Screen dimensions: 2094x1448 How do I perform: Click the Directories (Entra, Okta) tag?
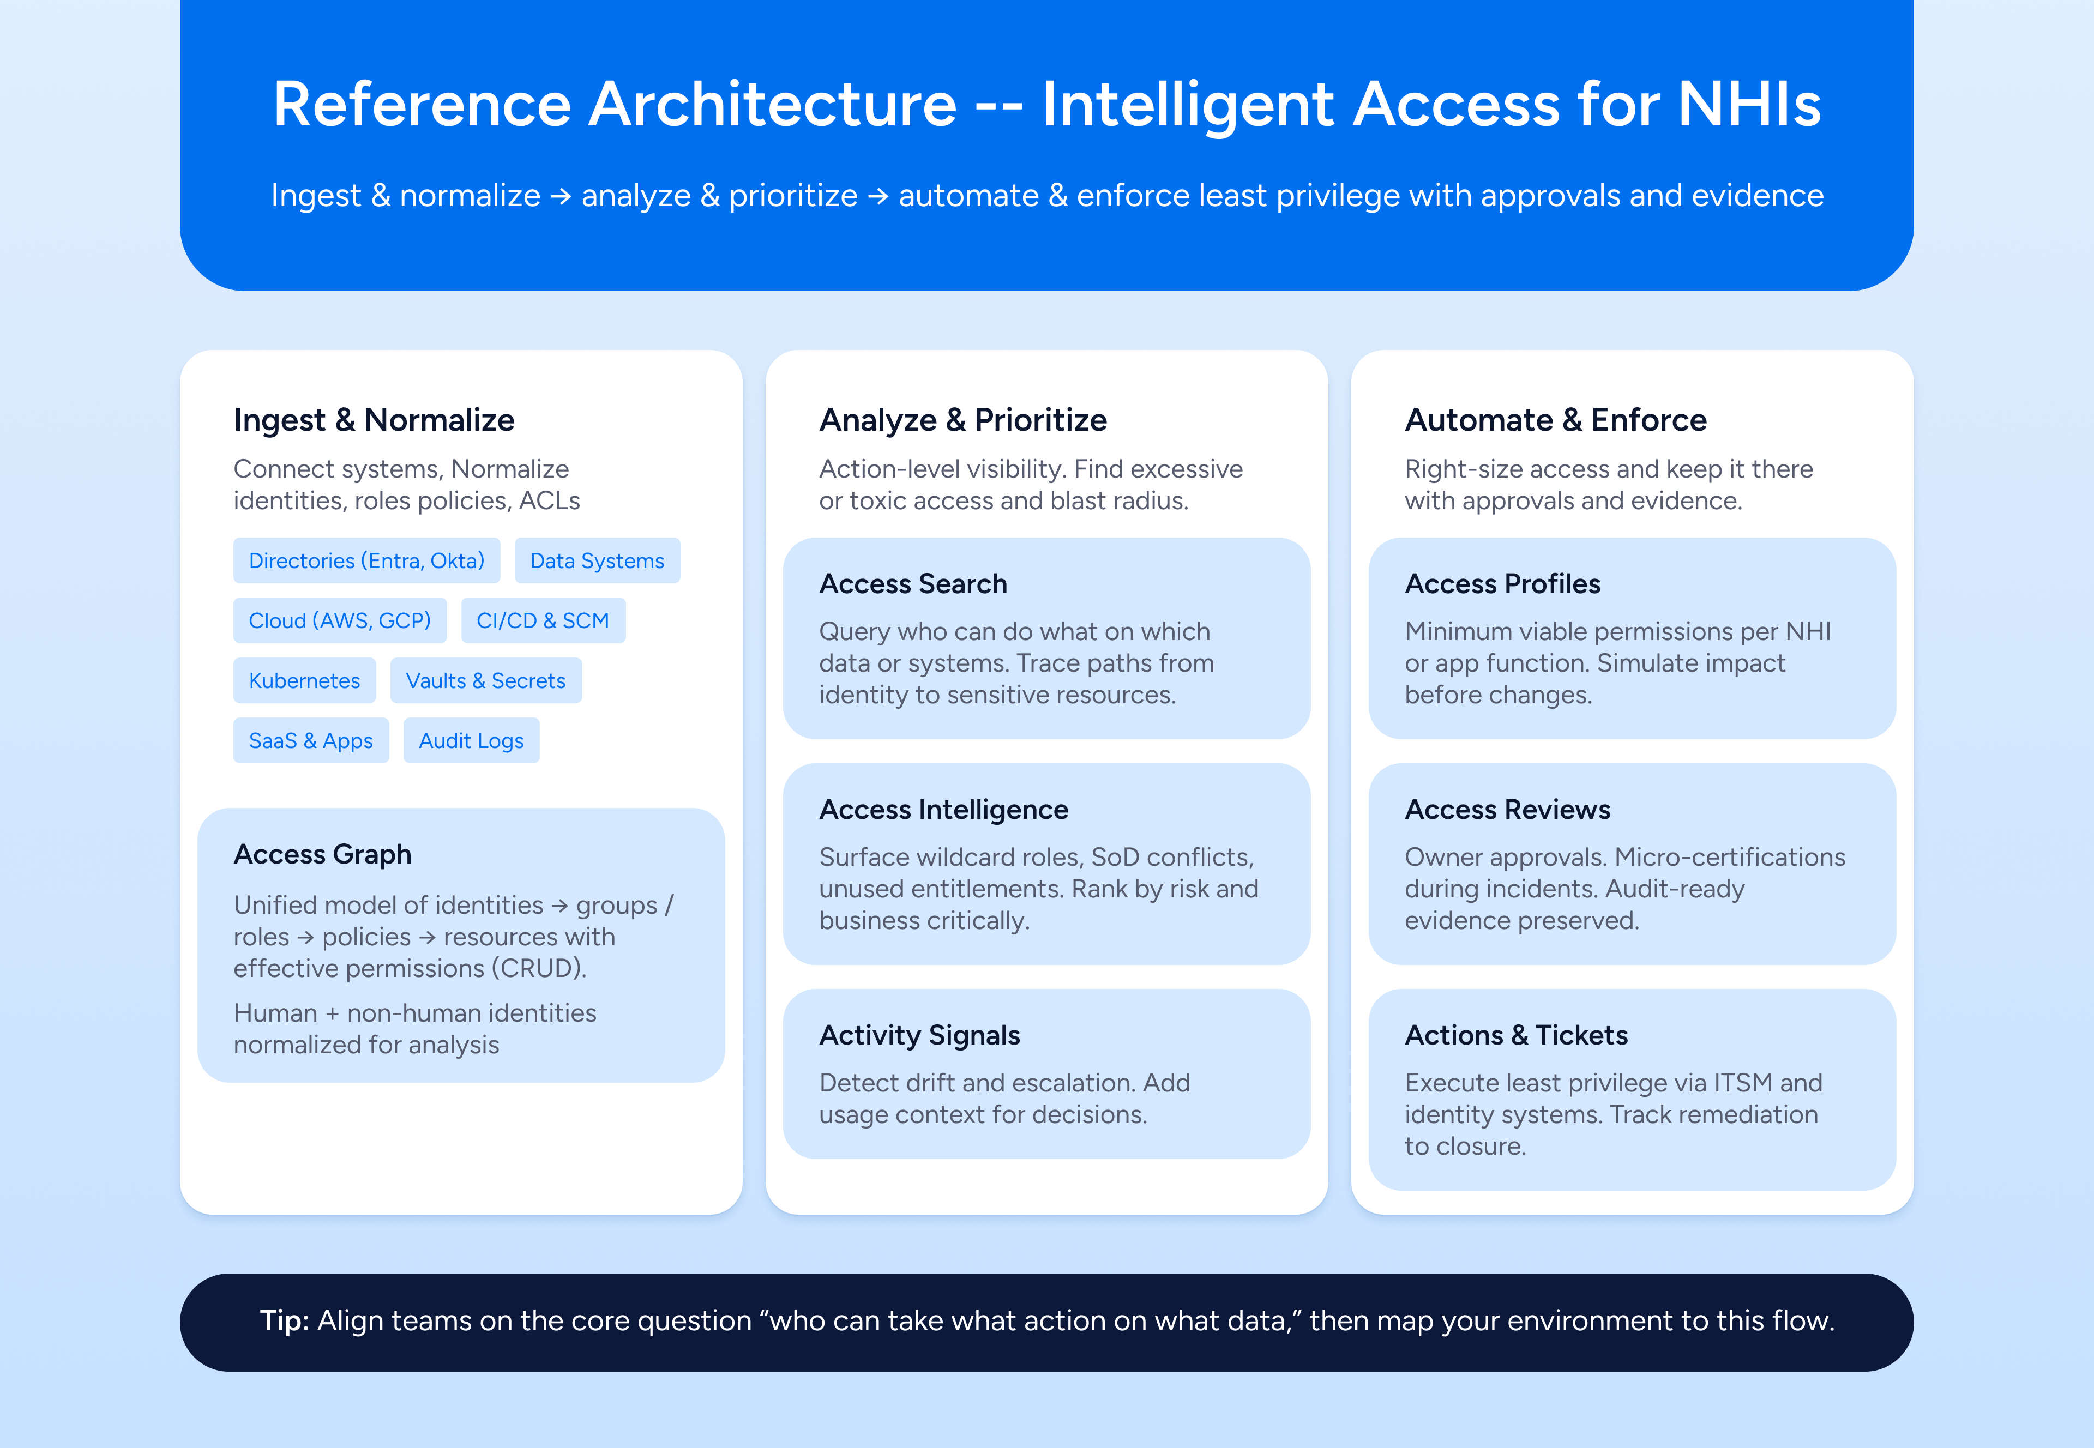[x=366, y=560]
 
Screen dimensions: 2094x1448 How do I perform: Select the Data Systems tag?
[x=597, y=560]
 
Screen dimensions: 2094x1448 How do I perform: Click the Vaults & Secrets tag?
[x=485, y=680]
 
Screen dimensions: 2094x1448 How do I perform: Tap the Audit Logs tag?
[x=471, y=740]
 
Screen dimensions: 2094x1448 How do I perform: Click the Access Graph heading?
[x=322, y=855]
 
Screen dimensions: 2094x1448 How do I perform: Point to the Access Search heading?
[x=913, y=583]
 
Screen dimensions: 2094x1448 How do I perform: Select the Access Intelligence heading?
[x=943, y=809]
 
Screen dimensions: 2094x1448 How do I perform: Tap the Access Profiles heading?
[x=1502, y=583]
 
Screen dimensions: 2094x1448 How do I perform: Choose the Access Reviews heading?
[x=1507, y=809]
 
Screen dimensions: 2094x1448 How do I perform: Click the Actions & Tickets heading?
[x=1516, y=1035]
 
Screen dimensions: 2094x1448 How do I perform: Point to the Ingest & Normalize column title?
[x=374, y=420]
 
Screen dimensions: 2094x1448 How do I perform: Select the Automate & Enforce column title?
[x=1555, y=420]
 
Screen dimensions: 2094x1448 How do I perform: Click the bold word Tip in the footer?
[x=285, y=1321]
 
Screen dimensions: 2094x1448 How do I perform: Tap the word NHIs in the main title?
[x=1748, y=104]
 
